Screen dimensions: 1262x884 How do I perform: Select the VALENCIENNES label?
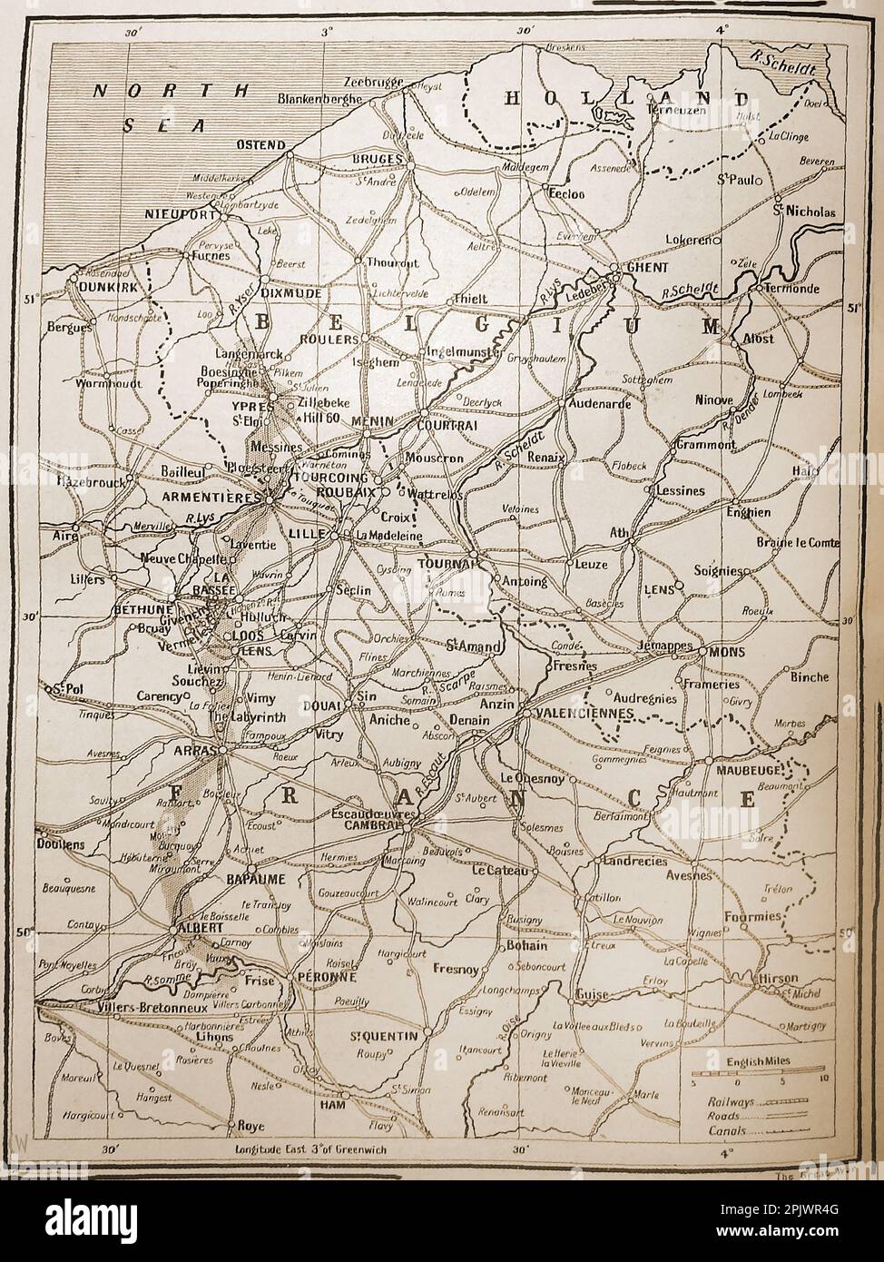[583, 714]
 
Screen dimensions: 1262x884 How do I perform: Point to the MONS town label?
[726, 650]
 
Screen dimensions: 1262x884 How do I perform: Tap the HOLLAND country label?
[626, 98]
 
